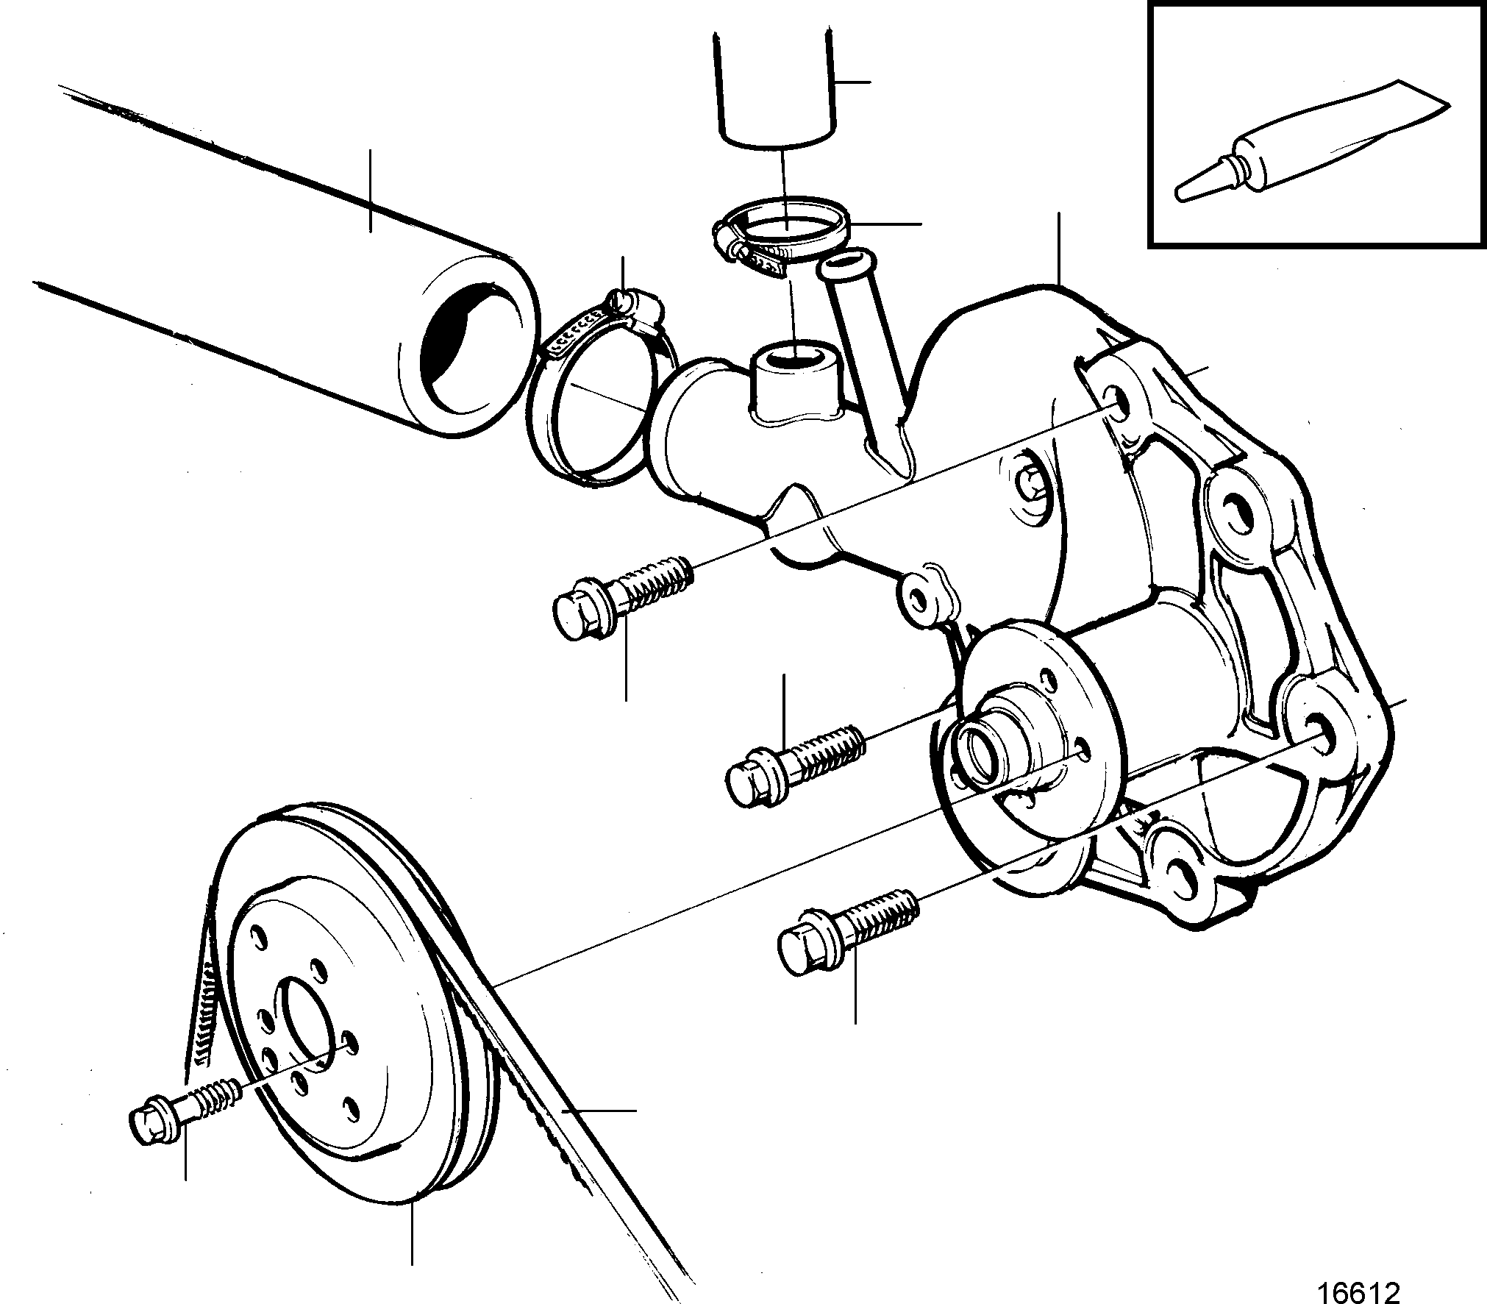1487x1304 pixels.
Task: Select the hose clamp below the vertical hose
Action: click(x=780, y=241)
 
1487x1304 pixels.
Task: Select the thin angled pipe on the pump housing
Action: click(x=868, y=360)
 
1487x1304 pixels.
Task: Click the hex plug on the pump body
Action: click(x=1028, y=482)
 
